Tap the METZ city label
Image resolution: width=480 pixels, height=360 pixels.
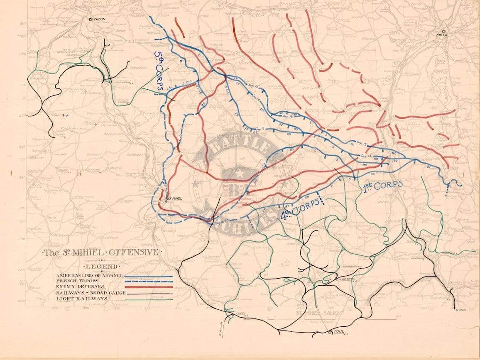click(441, 35)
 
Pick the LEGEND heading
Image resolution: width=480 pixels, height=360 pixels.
click(101, 266)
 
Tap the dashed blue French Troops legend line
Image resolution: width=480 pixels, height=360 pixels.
click(149, 281)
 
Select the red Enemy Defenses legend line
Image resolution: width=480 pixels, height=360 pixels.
click(149, 287)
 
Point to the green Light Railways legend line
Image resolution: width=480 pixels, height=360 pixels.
click(149, 299)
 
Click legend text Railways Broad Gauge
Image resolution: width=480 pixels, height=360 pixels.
click(85, 293)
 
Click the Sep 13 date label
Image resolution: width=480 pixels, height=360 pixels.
click(260, 129)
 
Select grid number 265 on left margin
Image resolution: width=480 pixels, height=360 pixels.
click(23, 23)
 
